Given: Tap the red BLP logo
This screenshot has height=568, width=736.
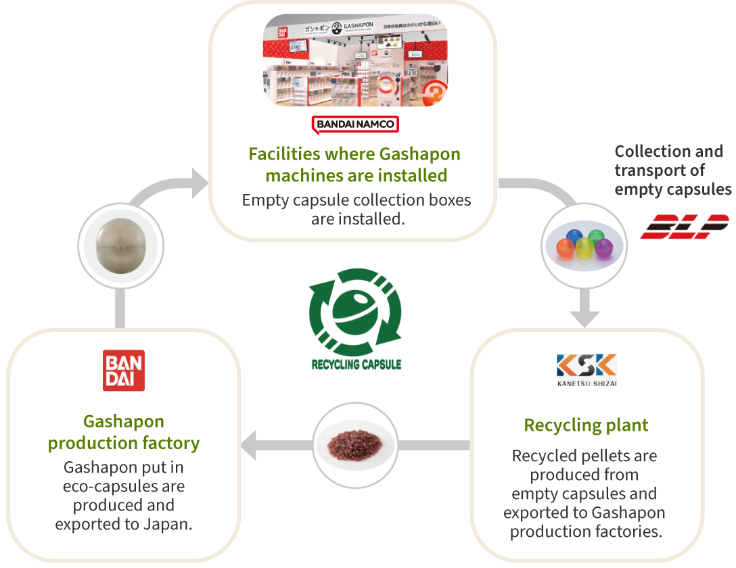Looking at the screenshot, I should coord(684,227).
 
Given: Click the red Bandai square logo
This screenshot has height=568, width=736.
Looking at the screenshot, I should coord(124,370).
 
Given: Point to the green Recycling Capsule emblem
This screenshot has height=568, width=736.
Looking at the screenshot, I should coord(355,310).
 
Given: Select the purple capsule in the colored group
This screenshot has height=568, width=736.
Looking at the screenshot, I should coord(599,248).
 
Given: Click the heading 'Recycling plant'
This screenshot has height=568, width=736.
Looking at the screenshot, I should coord(586,425).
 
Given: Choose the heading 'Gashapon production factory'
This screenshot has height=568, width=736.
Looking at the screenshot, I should coord(124,433).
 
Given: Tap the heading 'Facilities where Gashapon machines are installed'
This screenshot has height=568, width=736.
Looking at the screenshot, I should coord(354,164).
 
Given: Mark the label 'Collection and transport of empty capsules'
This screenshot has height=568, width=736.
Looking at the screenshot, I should coord(672,170).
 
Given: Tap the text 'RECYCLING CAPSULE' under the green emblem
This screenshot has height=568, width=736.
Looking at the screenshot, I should coord(356,364).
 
